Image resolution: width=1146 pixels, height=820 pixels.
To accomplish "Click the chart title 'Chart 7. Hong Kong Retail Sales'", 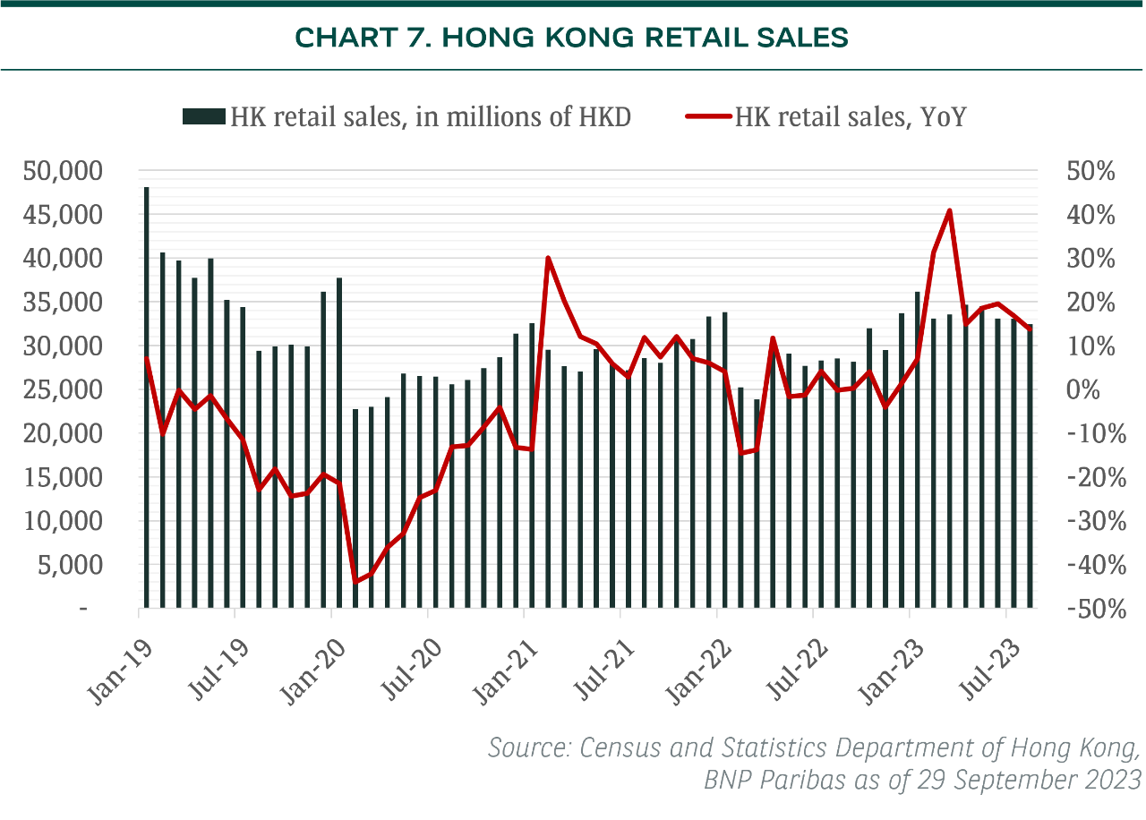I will pyautogui.click(x=571, y=38).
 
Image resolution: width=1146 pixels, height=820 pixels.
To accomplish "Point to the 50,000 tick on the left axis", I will pyautogui.click(x=74, y=170).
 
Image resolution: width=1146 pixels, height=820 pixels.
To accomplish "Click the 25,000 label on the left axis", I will pyautogui.click(x=74, y=389).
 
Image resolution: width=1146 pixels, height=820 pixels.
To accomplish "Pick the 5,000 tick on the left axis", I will pyautogui.click(x=81, y=565).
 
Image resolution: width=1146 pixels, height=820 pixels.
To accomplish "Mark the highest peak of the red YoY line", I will pyautogui.click(x=949, y=210).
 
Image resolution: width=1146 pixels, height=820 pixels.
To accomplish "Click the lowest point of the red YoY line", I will pyautogui.click(x=355, y=582).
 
